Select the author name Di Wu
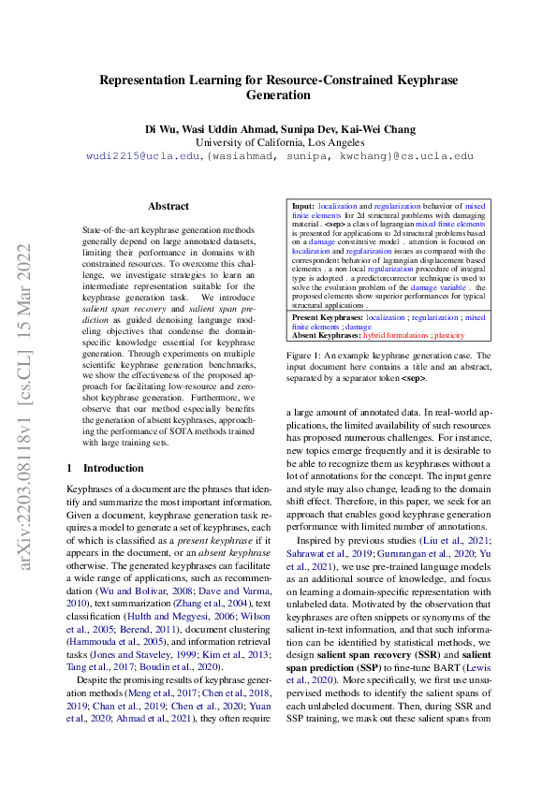[159, 127]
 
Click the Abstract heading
[169, 206]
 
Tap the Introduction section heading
[113, 467]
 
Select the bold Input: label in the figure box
[303, 204]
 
